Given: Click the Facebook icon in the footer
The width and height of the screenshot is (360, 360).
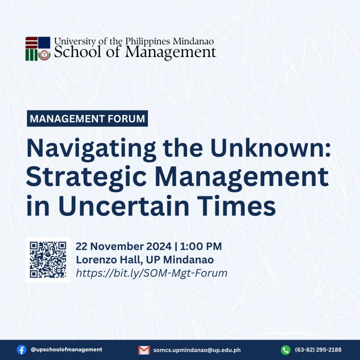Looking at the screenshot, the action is (x=21, y=350).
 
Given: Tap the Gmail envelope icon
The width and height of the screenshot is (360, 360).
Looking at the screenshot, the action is (x=144, y=350).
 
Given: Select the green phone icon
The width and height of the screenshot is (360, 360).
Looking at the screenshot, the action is (x=285, y=350).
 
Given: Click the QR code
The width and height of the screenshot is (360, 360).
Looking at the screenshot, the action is (x=48, y=260).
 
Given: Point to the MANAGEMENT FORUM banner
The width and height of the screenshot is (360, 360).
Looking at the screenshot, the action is (x=87, y=118).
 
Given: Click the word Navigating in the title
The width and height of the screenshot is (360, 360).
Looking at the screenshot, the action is (x=91, y=148).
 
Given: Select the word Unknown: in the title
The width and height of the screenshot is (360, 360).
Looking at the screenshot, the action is (x=270, y=148).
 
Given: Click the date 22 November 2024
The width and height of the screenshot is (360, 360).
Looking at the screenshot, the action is (x=123, y=246).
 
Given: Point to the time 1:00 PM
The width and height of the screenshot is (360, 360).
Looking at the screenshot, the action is (x=201, y=246).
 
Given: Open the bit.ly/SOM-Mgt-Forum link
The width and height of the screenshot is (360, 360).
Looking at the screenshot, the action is (x=152, y=273).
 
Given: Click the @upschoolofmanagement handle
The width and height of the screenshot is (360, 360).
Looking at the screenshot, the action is (x=66, y=349).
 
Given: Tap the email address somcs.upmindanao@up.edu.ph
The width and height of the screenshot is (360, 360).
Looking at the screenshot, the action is (x=197, y=350).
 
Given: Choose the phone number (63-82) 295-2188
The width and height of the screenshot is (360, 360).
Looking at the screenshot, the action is (x=318, y=350).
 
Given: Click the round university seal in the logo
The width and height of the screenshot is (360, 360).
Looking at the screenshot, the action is (x=44, y=55).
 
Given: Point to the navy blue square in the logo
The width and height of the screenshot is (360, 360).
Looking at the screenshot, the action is (x=44, y=43).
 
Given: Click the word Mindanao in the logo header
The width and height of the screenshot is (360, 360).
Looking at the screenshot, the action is (x=193, y=41).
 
